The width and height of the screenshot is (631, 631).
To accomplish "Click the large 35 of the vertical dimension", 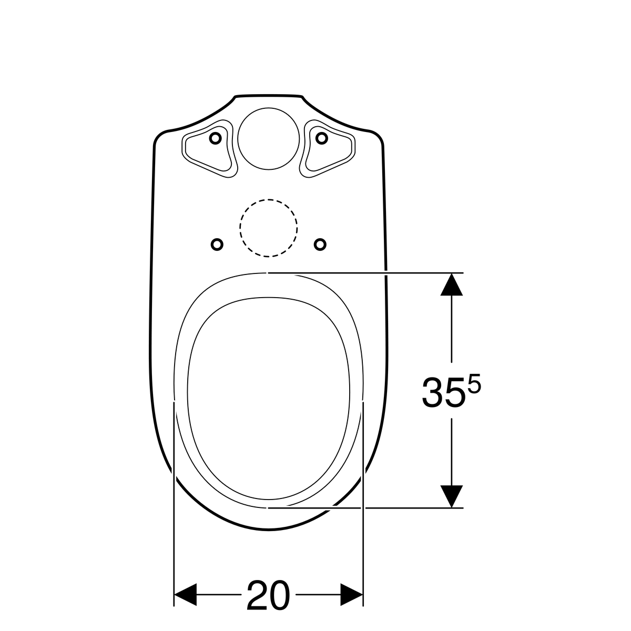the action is (x=443, y=392).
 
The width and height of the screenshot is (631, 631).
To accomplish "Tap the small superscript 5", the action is (x=474, y=383).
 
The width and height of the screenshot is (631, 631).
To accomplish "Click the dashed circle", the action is (x=269, y=199).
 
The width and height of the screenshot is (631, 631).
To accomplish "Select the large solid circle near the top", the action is (x=269, y=108).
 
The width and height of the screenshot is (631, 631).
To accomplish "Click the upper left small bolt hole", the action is (x=215, y=138).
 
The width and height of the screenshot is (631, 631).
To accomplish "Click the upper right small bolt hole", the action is (x=322, y=138).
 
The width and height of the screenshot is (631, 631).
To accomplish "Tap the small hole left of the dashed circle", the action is (x=217, y=245).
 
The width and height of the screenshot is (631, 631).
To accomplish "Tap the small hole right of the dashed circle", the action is (x=320, y=245).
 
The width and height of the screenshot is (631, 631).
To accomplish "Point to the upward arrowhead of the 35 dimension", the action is (x=451, y=285).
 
